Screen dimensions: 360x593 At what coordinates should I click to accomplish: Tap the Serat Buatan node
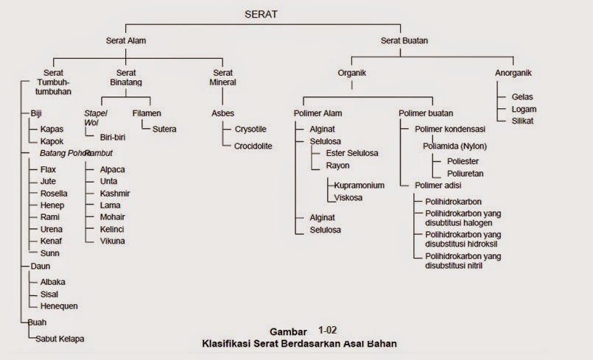[404, 41]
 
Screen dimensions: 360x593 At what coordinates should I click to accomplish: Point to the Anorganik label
[513, 73]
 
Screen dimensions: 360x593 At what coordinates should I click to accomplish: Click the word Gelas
[522, 96]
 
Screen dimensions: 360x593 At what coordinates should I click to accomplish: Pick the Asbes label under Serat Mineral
[222, 113]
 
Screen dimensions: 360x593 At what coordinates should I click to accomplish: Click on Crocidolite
[253, 146]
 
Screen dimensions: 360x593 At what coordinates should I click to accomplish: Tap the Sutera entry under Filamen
[166, 129]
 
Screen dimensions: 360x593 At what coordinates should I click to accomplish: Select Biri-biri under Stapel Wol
[113, 137]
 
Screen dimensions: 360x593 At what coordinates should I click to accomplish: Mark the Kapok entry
[52, 141]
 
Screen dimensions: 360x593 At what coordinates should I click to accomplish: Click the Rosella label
[55, 193]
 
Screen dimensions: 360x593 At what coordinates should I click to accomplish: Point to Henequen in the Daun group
[59, 306]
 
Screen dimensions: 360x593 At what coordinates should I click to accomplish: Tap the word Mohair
[112, 216]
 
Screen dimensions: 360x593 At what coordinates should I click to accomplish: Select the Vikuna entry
[113, 240]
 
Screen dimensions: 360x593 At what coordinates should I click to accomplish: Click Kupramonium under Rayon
[359, 186]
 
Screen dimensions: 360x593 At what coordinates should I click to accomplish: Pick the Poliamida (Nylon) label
[455, 146]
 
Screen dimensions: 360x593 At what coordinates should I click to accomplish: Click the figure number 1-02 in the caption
[329, 331]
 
